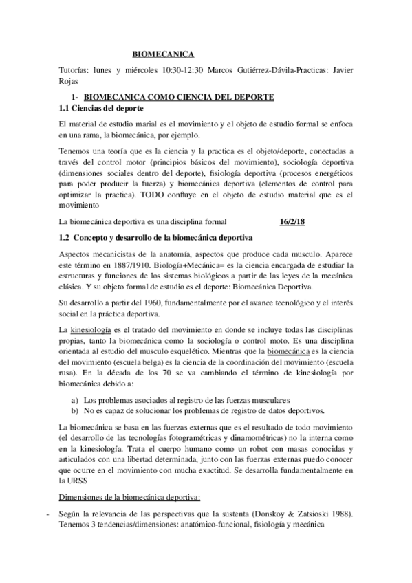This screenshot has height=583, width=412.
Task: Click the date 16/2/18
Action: click(293, 222)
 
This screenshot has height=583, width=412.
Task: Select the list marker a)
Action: click(75, 399)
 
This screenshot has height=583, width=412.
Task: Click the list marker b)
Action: click(75, 410)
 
